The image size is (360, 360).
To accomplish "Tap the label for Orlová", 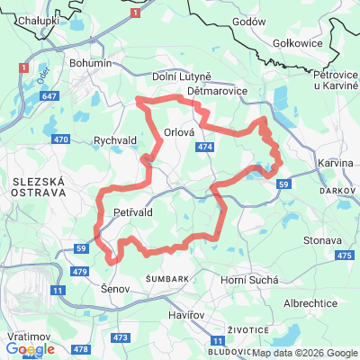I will click(180, 132).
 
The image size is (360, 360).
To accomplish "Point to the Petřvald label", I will click(135, 211).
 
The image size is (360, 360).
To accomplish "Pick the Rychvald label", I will click(114, 140).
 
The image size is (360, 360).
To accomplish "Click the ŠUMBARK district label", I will click(167, 279).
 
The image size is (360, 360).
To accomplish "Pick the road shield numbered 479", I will click(79, 271).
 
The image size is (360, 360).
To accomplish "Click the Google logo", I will click(30, 349).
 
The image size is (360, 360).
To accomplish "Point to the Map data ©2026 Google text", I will click(304, 353).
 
